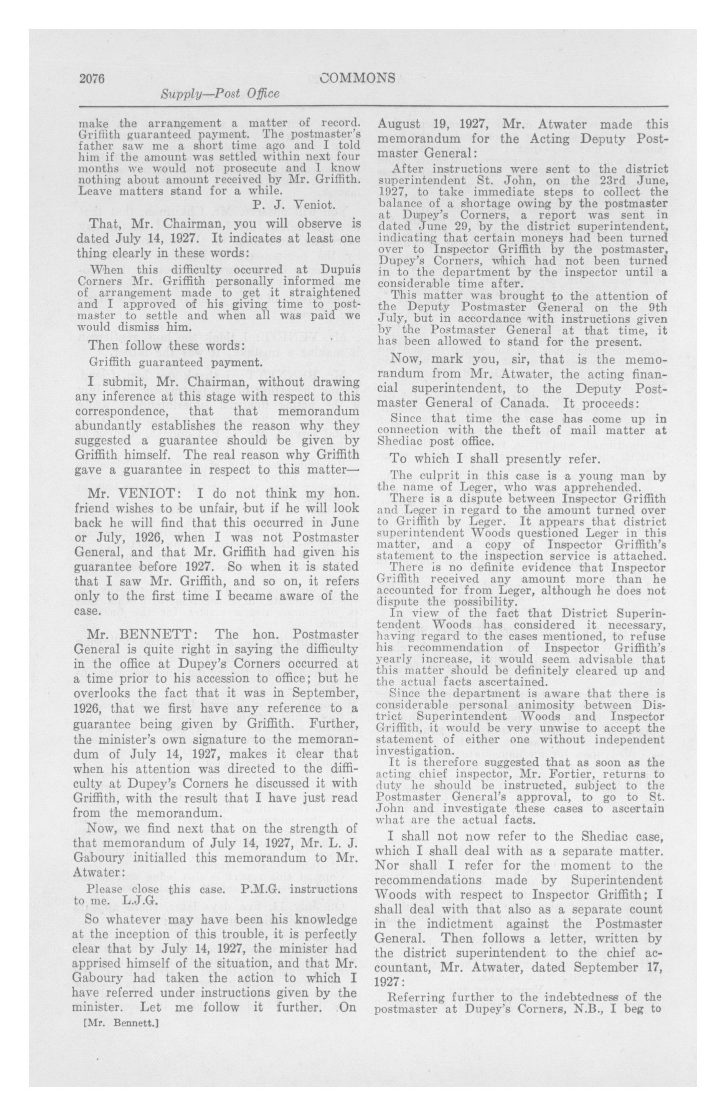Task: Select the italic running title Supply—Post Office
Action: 220,94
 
